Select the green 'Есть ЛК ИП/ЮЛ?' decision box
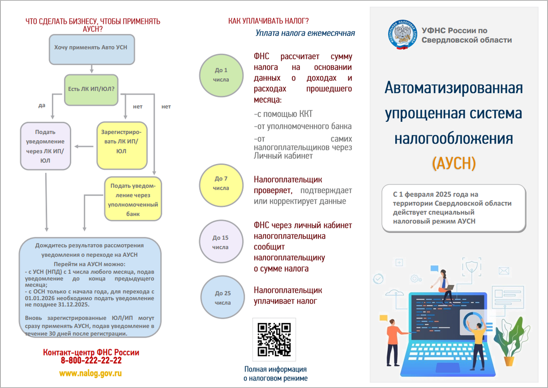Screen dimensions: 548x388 click(x=91, y=90)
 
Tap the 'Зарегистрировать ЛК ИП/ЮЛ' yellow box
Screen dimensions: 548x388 click(x=122, y=145)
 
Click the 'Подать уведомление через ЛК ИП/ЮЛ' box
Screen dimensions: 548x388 click(x=45, y=145)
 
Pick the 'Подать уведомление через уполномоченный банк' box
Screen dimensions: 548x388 click(x=133, y=199)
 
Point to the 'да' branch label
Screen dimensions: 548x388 click(x=42, y=105)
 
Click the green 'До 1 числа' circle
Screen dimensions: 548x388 click(x=221, y=75)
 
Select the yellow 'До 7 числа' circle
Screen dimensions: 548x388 click(x=221, y=183)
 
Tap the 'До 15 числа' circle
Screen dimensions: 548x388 click(x=221, y=242)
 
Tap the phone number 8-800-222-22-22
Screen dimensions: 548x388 click(x=91, y=361)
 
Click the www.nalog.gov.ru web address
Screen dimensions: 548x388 click(x=91, y=373)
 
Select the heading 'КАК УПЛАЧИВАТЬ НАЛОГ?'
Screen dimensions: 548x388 click(x=268, y=21)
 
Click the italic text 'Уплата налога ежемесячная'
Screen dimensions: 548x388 click(x=305, y=33)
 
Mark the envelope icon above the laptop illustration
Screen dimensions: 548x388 click(x=504, y=271)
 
